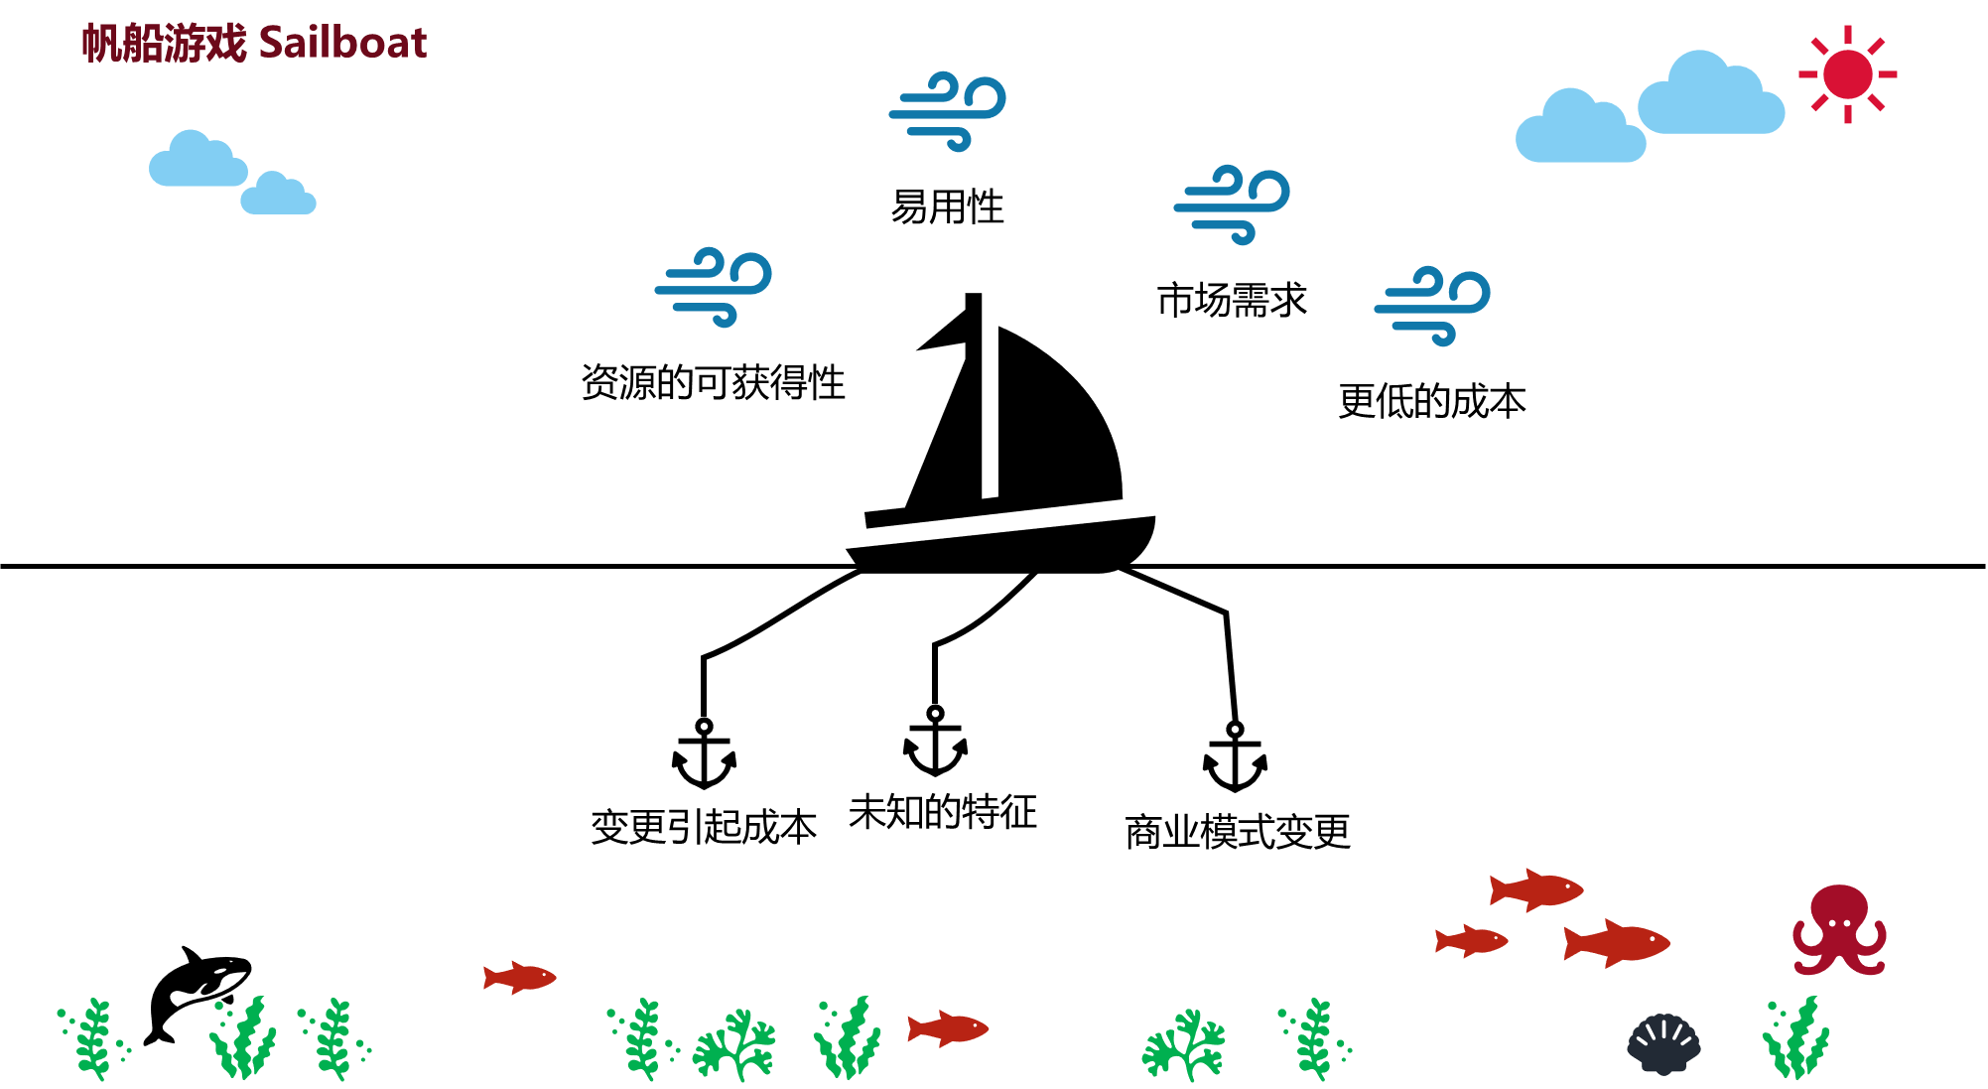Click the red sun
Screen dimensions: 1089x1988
(1847, 74)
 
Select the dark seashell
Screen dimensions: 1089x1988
(1663, 1043)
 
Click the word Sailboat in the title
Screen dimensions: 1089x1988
(342, 43)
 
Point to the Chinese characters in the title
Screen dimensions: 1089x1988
(164, 43)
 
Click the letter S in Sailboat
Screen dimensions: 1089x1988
(271, 43)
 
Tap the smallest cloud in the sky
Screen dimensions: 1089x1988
(278, 197)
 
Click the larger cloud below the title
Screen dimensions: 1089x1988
(198, 162)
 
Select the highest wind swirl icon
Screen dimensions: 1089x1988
(948, 110)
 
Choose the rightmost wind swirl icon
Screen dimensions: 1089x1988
(1432, 305)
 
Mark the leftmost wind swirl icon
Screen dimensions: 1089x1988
(713, 286)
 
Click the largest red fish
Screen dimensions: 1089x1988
(1617, 943)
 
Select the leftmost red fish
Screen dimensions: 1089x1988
(519, 977)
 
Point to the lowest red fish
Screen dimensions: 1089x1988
(947, 1028)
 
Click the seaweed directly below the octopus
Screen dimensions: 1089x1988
(1795, 1039)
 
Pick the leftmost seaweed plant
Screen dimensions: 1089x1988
(93, 1039)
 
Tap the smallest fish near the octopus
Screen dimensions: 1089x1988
(1471, 940)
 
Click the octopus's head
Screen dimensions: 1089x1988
(1839, 905)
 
